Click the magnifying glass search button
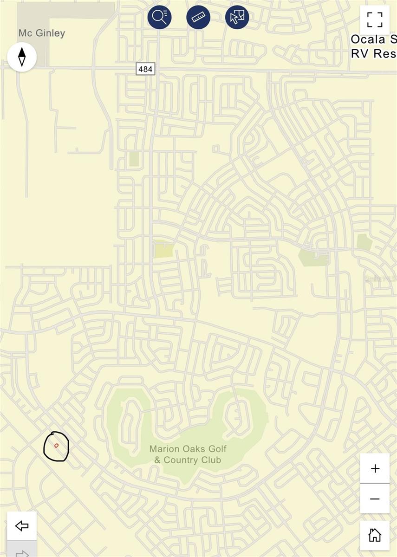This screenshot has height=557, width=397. (x=160, y=17)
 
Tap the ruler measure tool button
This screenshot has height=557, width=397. (x=198, y=17)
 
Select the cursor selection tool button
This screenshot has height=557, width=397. (x=237, y=17)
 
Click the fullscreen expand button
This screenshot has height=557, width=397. (x=374, y=20)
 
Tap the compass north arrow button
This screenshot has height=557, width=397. (x=22, y=57)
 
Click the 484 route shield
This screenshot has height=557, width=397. (x=145, y=69)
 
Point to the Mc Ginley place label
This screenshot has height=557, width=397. (x=42, y=33)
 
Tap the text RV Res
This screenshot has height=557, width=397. (x=373, y=53)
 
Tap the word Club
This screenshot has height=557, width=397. (x=211, y=460)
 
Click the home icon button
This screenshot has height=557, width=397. (x=374, y=535)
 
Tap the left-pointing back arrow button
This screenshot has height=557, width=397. (x=22, y=525)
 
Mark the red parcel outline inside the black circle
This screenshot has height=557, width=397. (x=56, y=446)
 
